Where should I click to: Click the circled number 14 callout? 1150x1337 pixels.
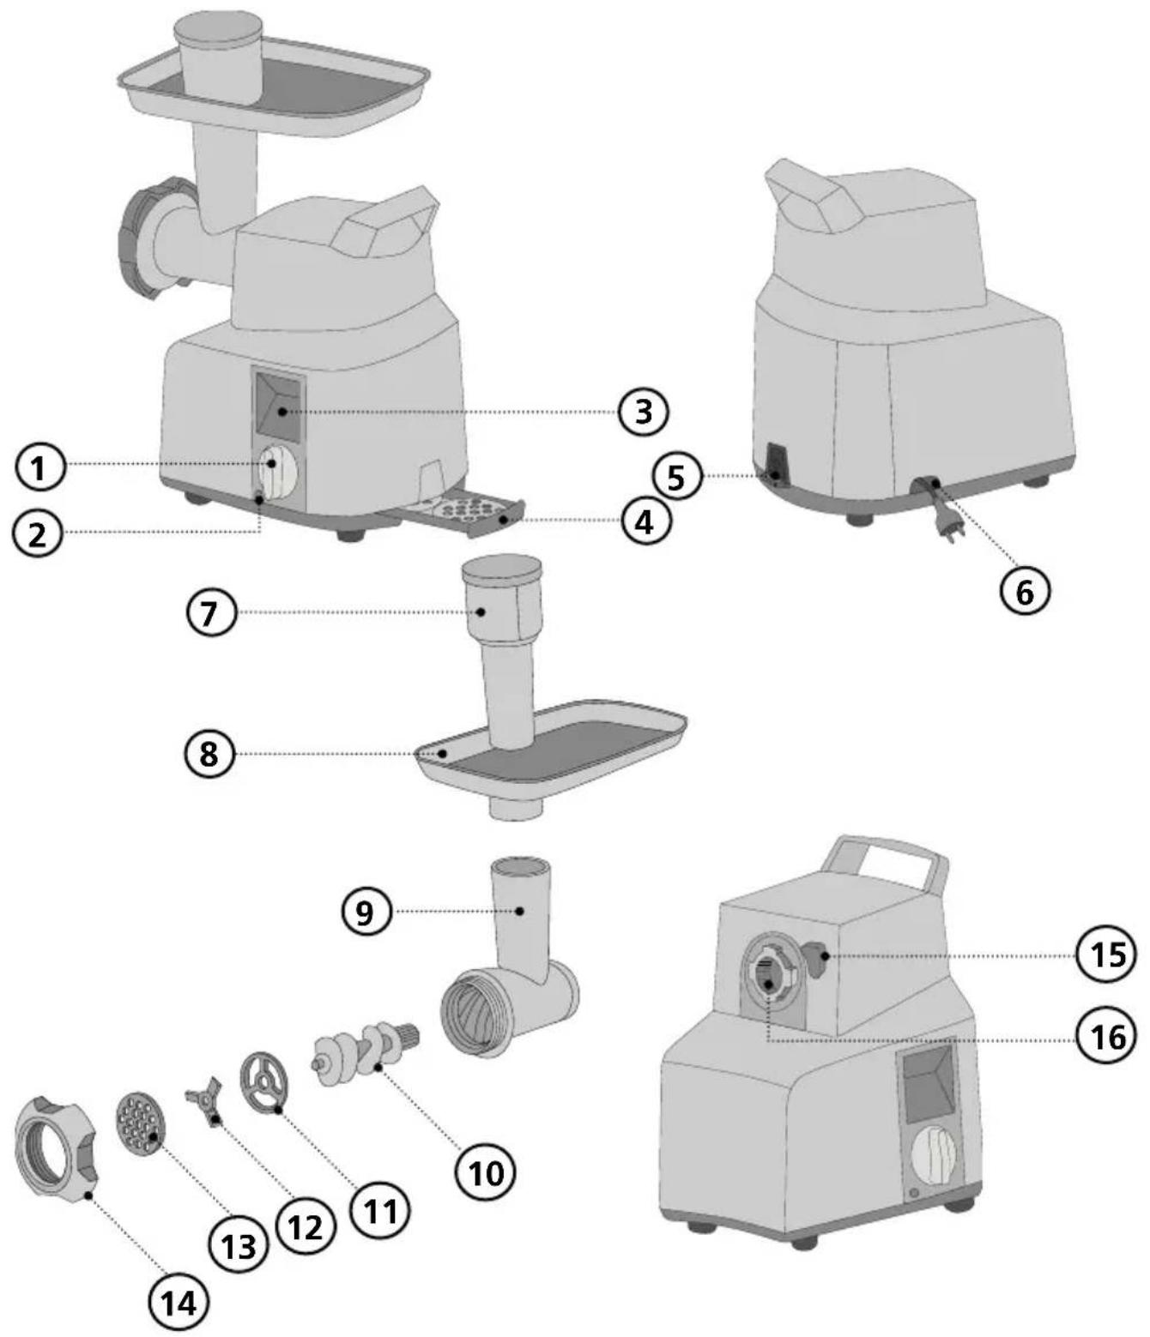(179, 1303)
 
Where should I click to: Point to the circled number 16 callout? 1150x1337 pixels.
(1108, 1037)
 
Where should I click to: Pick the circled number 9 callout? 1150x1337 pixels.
(366, 912)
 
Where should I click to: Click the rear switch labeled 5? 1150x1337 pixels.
(777, 464)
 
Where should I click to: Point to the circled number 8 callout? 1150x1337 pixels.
(209, 754)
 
